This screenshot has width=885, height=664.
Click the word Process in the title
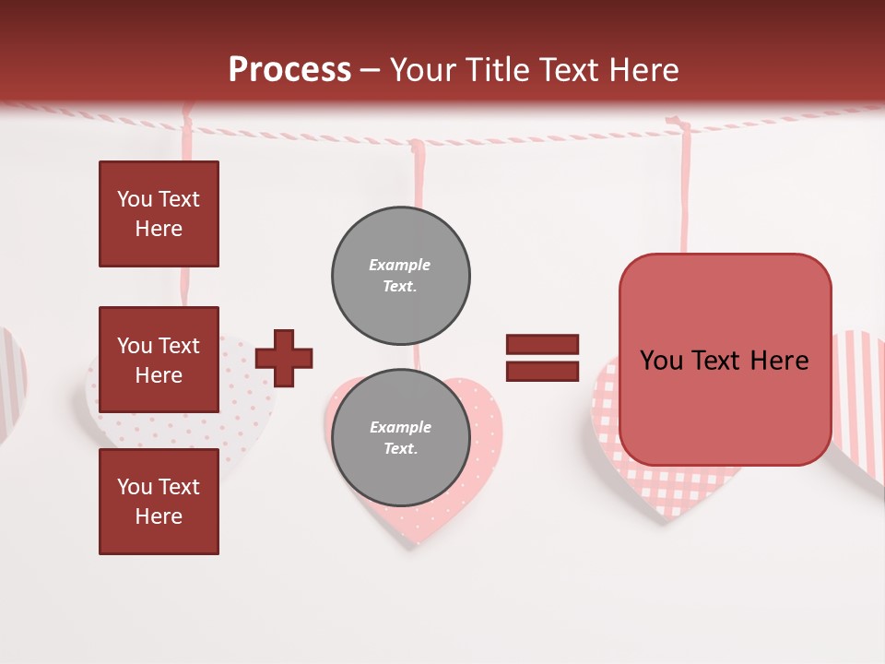click(289, 70)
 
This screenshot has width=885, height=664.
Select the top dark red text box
click(159, 214)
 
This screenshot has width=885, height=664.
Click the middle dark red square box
click(159, 360)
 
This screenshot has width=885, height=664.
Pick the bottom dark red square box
click(159, 502)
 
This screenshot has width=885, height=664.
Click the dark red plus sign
click(284, 357)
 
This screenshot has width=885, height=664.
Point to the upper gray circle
click(400, 275)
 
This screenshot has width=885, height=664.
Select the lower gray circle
click(400, 437)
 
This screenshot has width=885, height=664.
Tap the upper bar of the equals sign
click(542, 344)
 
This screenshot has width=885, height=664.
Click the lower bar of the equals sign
click(542, 371)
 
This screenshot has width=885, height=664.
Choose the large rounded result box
click(725, 360)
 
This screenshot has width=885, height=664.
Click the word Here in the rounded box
click(779, 361)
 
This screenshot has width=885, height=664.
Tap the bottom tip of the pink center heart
click(415, 539)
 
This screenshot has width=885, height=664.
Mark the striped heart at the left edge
click(11, 378)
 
